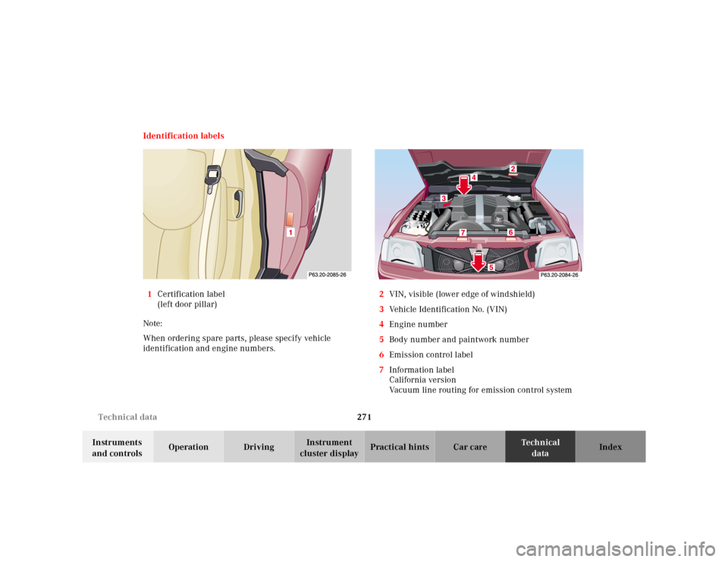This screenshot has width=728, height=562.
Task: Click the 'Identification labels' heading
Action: (x=184, y=136)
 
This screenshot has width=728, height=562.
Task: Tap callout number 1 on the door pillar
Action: (x=290, y=232)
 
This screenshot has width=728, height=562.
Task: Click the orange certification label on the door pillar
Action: (x=290, y=219)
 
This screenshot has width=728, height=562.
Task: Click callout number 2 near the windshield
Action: (x=513, y=168)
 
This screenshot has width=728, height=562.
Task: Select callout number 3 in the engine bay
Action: (x=444, y=198)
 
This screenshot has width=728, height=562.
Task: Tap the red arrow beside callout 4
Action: (x=464, y=185)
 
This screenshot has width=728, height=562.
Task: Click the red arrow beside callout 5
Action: (x=479, y=262)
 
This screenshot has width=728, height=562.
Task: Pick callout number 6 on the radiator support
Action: (x=510, y=233)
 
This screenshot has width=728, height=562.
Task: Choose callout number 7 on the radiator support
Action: (x=463, y=233)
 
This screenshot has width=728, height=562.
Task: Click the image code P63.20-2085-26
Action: (x=328, y=274)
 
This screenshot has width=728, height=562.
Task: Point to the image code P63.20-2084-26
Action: (x=559, y=275)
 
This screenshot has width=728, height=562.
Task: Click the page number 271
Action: (x=364, y=417)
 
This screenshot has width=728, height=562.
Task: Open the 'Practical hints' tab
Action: (x=400, y=447)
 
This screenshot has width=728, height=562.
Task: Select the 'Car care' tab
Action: (x=470, y=447)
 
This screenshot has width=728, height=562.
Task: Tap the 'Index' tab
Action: (x=610, y=447)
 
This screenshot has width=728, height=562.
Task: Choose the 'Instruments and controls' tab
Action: (x=118, y=447)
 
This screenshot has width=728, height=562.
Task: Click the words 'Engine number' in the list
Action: (x=419, y=325)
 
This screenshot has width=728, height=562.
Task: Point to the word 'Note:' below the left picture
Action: (x=152, y=323)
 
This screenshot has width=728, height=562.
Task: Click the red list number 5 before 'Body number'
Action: (x=381, y=339)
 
